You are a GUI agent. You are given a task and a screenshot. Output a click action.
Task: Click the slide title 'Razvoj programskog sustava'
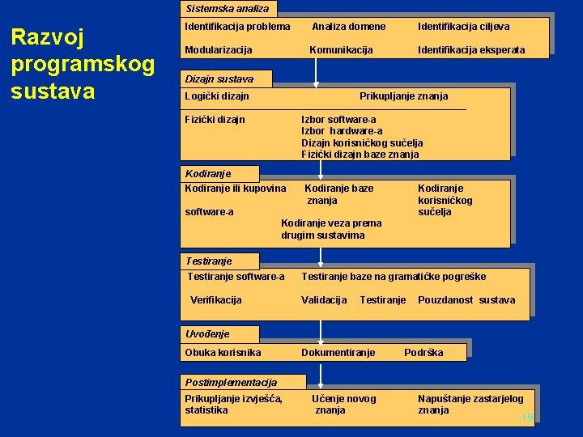click(x=82, y=63)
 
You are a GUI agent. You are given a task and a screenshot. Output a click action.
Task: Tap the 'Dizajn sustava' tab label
click(x=219, y=79)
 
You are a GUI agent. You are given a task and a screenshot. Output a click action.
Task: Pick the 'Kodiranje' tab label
click(x=208, y=173)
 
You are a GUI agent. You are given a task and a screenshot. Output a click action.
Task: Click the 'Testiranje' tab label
click(x=208, y=261)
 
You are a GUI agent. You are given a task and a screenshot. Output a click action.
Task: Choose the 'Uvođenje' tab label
click(x=207, y=333)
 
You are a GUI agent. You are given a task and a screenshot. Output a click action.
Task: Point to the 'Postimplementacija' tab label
click(x=231, y=382)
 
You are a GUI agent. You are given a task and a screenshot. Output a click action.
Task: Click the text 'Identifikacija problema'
click(x=237, y=27)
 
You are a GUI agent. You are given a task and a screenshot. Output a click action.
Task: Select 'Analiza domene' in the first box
click(x=349, y=27)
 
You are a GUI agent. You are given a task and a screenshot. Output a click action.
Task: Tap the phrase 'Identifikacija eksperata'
click(x=471, y=50)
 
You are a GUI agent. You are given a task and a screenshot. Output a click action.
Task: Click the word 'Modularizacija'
click(x=218, y=50)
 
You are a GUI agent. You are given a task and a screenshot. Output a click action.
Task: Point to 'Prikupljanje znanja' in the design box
click(x=403, y=96)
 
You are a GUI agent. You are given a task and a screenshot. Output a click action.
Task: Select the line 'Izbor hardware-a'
click(x=342, y=131)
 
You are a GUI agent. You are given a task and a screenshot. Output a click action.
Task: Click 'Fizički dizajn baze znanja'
click(x=360, y=154)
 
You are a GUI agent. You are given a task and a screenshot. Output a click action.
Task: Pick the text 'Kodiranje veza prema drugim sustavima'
click(x=330, y=229)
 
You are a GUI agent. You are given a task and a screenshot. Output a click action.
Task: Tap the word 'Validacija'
click(x=324, y=300)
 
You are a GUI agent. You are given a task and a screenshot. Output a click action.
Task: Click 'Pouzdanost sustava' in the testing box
click(x=466, y=300)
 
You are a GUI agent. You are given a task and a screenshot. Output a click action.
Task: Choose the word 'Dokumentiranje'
click(x=338, y=353)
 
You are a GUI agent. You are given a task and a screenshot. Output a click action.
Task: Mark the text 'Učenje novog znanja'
click(x=343, y=404)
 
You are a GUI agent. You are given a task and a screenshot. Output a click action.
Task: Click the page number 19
click(x=527, y=418)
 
